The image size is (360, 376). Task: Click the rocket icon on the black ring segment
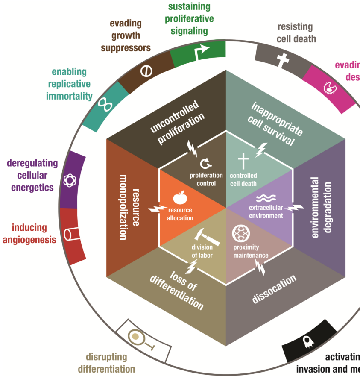(x=307, y=341)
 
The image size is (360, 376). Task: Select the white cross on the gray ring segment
(x=281, y=61)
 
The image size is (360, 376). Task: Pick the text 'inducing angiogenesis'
(x=29, y=233)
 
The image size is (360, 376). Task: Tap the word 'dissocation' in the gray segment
(x=274, y=290)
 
